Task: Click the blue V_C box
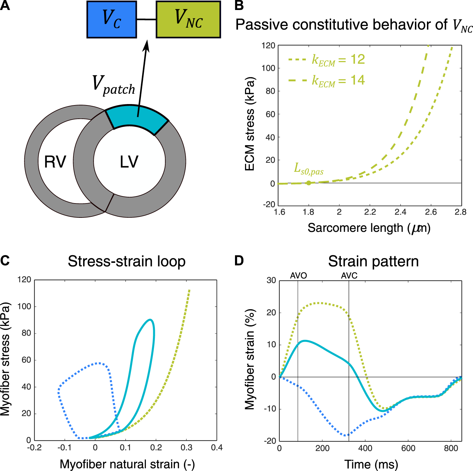click(x=111, y=19)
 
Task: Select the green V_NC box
click(x=188, y=19)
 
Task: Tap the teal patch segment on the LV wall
click(x=137, y=117)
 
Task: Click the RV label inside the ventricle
click(x=55, y=162)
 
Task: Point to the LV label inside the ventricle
click(x=129, y=162)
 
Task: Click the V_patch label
click(x=113, y=85)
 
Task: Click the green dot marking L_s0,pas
click(x=309, y=183)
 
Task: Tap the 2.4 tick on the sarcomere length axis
click(x=400, y=212)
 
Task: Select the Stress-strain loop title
click(x=127, y=261)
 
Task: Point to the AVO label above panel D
click(x=298, y=276)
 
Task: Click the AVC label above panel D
click(x=349, y=276)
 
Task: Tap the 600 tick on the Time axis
click(x=408, y=448)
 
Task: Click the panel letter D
click(x=239, y=261)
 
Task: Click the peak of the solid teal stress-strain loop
click(x=151, y=320)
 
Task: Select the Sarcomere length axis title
click(x=369, y=228)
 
